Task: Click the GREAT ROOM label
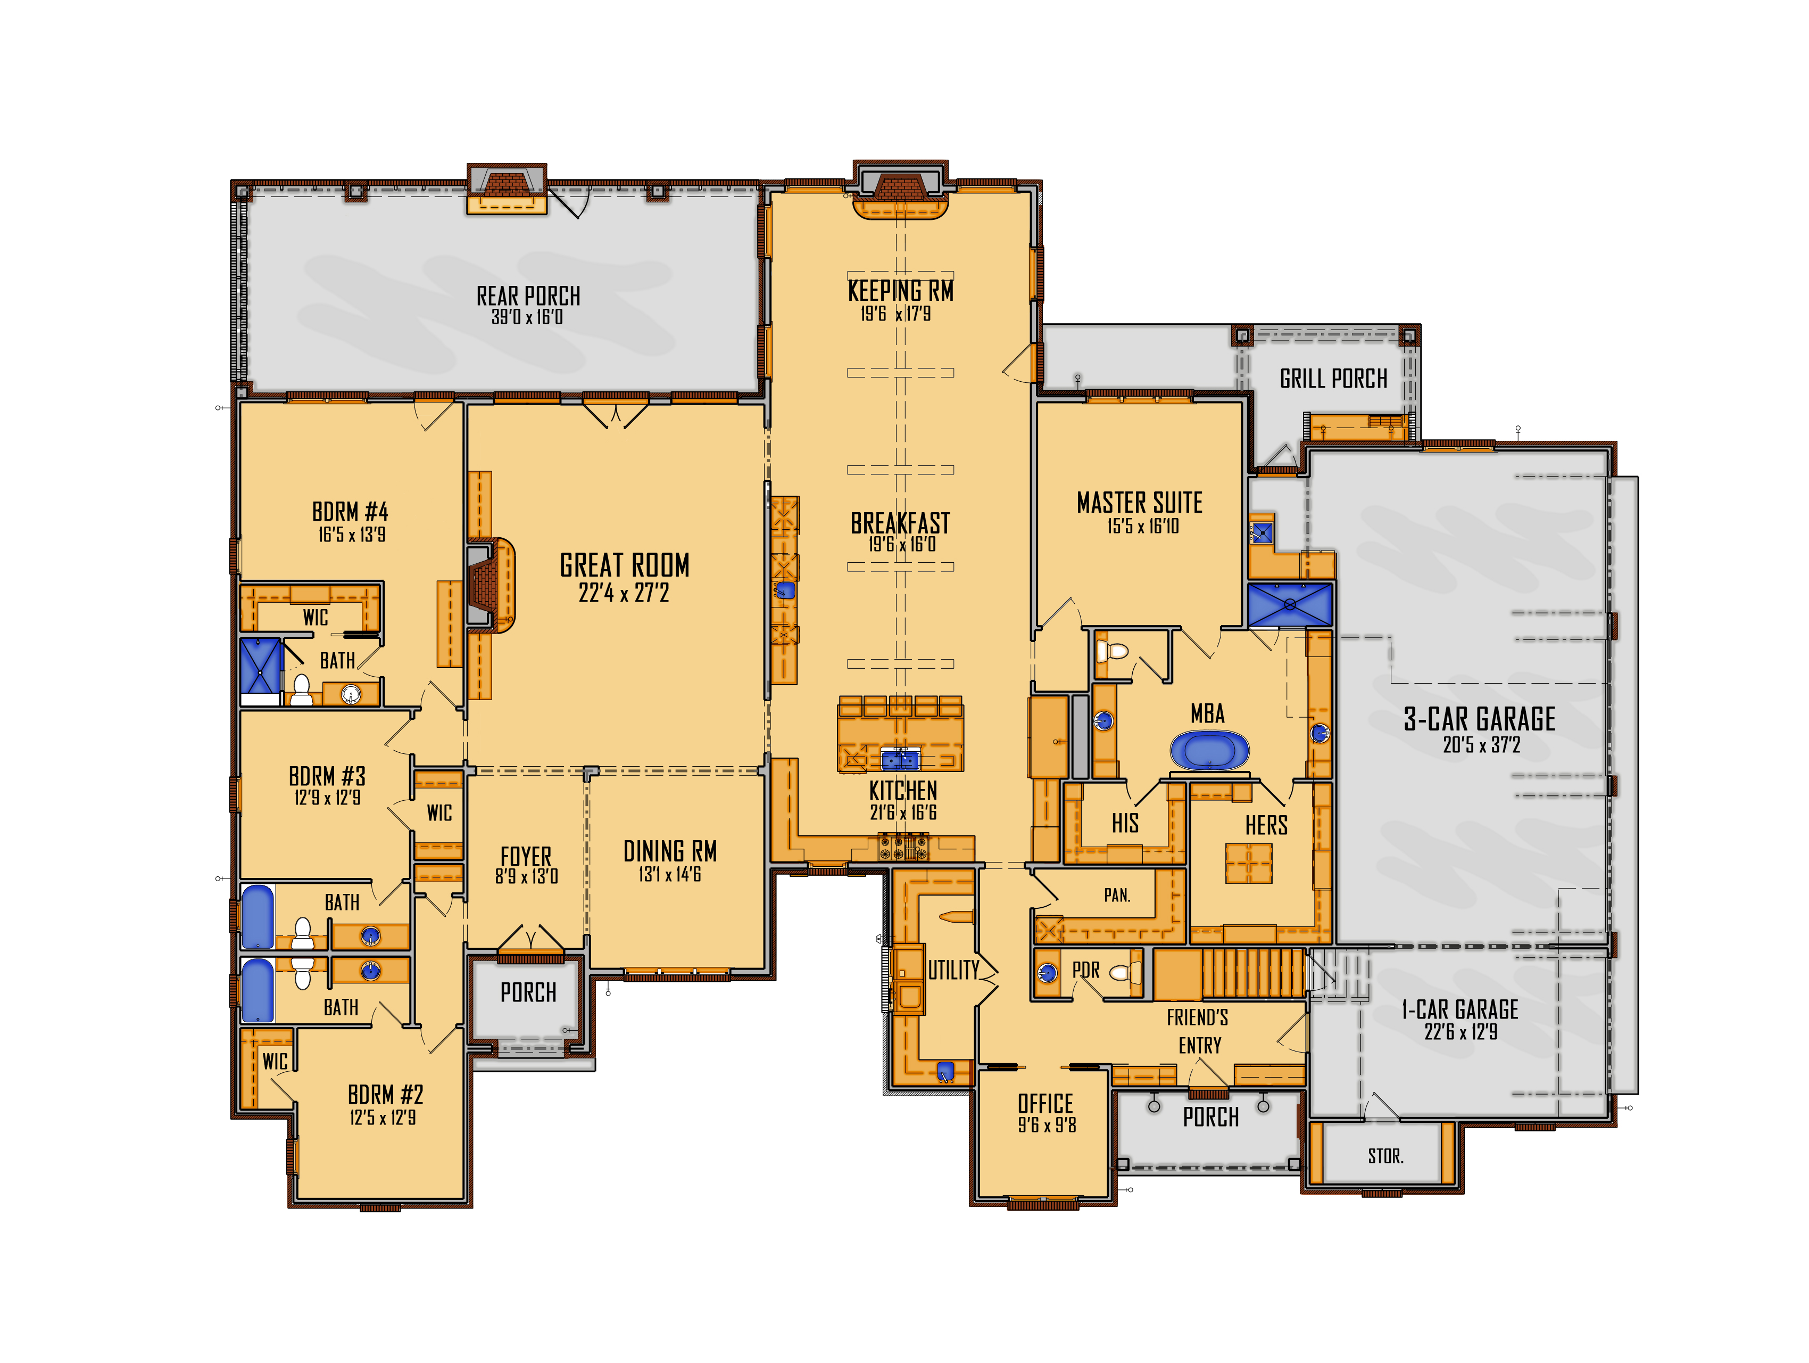pos(625,565)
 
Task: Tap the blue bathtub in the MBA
pos(1209,750)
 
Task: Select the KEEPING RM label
pos(900,290)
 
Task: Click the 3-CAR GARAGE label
pos(1480,719)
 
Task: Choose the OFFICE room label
pos(1045,1104)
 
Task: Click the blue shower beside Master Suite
pos(1290,605)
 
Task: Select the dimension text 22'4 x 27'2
pos(624,593)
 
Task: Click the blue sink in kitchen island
pos(900,760)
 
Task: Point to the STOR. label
pos(1385,1156)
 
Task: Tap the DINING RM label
pos(670,852)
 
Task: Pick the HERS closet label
pos(1266,825)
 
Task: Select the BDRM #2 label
pos(385,1095)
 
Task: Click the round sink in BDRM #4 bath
pos(351,695)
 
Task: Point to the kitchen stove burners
pos(903,847)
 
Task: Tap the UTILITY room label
pos(953,970)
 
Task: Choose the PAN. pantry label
pos(1117,895)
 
